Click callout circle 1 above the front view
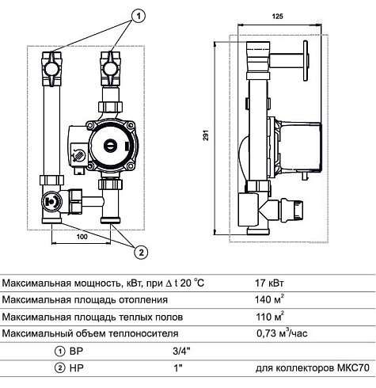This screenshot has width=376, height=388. click(x=139, y=17)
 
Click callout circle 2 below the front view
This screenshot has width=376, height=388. click(x=141, y=253)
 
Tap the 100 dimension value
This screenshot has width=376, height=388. click(x=82, y=237)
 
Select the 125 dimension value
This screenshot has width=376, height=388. click(x=278, y=17)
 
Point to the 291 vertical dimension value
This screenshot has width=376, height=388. click(x=206, y=135)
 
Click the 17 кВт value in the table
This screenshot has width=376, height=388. click(x=269, y=283)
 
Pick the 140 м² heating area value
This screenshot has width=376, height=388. click(x=269, y=299)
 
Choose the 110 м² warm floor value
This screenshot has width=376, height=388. click(x=270, y=316)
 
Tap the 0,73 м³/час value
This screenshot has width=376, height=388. click(x=282, y=333)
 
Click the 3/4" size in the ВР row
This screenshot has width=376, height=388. click(x=181, y=352)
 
